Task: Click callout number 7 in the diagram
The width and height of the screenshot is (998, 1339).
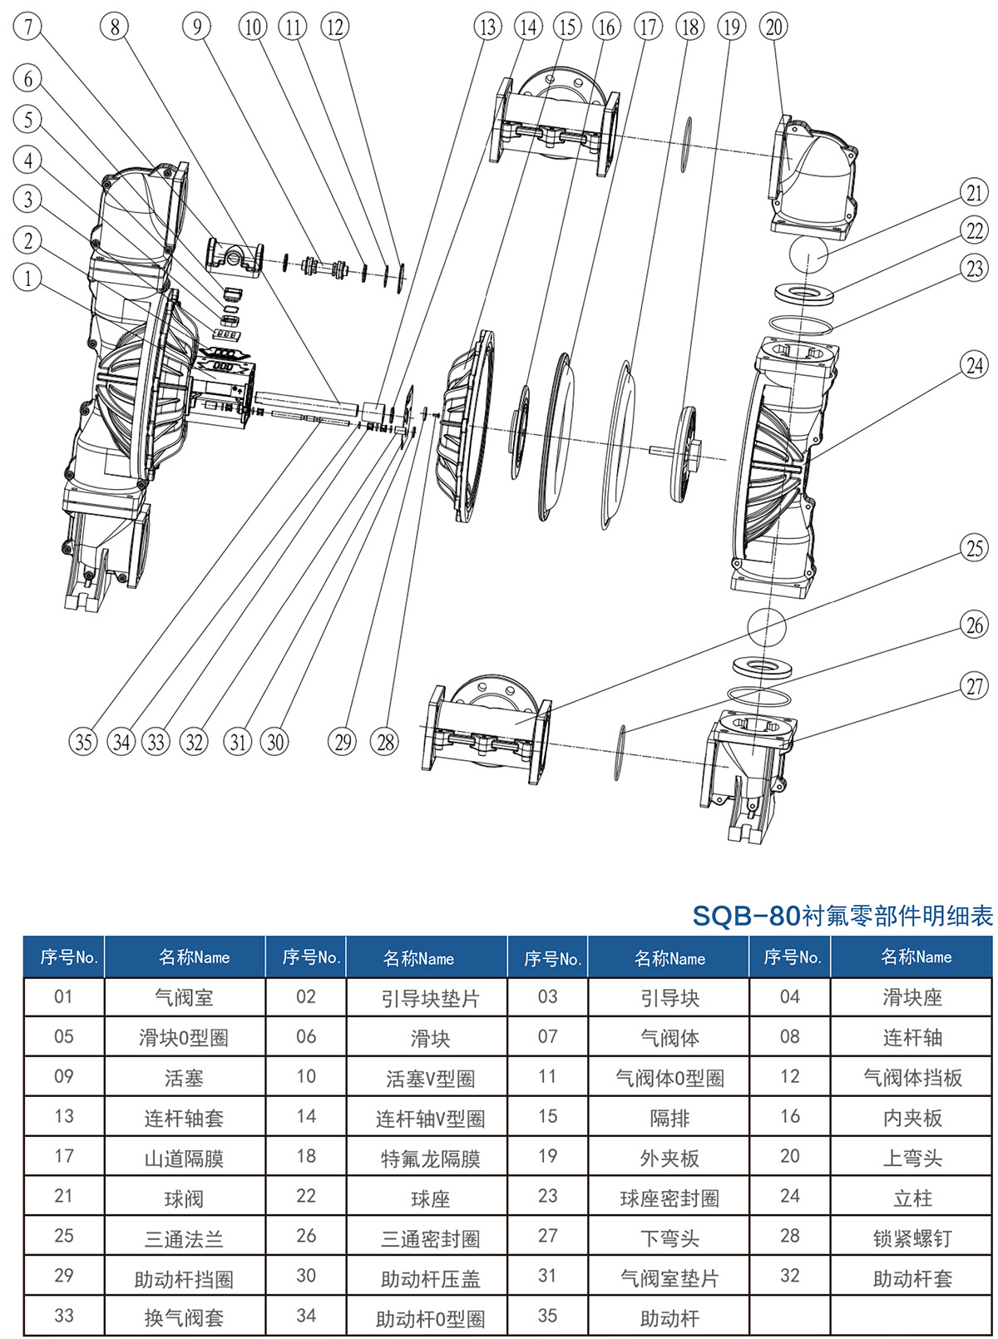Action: (x=28, y=26)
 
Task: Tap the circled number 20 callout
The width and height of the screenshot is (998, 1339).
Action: (x=773, y=27)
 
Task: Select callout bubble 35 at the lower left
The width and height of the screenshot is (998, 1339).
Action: (x=83, y=741)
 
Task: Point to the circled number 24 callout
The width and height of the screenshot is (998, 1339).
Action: (x=974, y=365)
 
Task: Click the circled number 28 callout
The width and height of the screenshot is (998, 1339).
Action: (x=385, y=741)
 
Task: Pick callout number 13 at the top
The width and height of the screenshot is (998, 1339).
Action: (x=487, y=27)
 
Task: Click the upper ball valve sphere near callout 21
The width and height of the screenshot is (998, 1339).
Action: (x=808, y=255)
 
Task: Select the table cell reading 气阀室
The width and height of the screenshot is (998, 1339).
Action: (x=184, y=997)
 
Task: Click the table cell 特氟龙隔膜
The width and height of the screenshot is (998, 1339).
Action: (x=430, y=1159)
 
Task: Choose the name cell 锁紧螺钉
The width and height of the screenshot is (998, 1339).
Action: (x=912, y=1238)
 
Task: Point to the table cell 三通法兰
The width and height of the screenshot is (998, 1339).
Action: (x=184, y=1238)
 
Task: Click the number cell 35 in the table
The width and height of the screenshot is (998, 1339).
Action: (x=547, y=1316)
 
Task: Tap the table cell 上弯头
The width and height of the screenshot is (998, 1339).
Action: (x=912, y=1159)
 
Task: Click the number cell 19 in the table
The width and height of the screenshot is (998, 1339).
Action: (x=547, y=1156)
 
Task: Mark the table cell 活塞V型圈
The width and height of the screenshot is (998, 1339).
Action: (x=430, y=1079)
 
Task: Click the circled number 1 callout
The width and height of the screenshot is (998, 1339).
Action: (x=27, y=277)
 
